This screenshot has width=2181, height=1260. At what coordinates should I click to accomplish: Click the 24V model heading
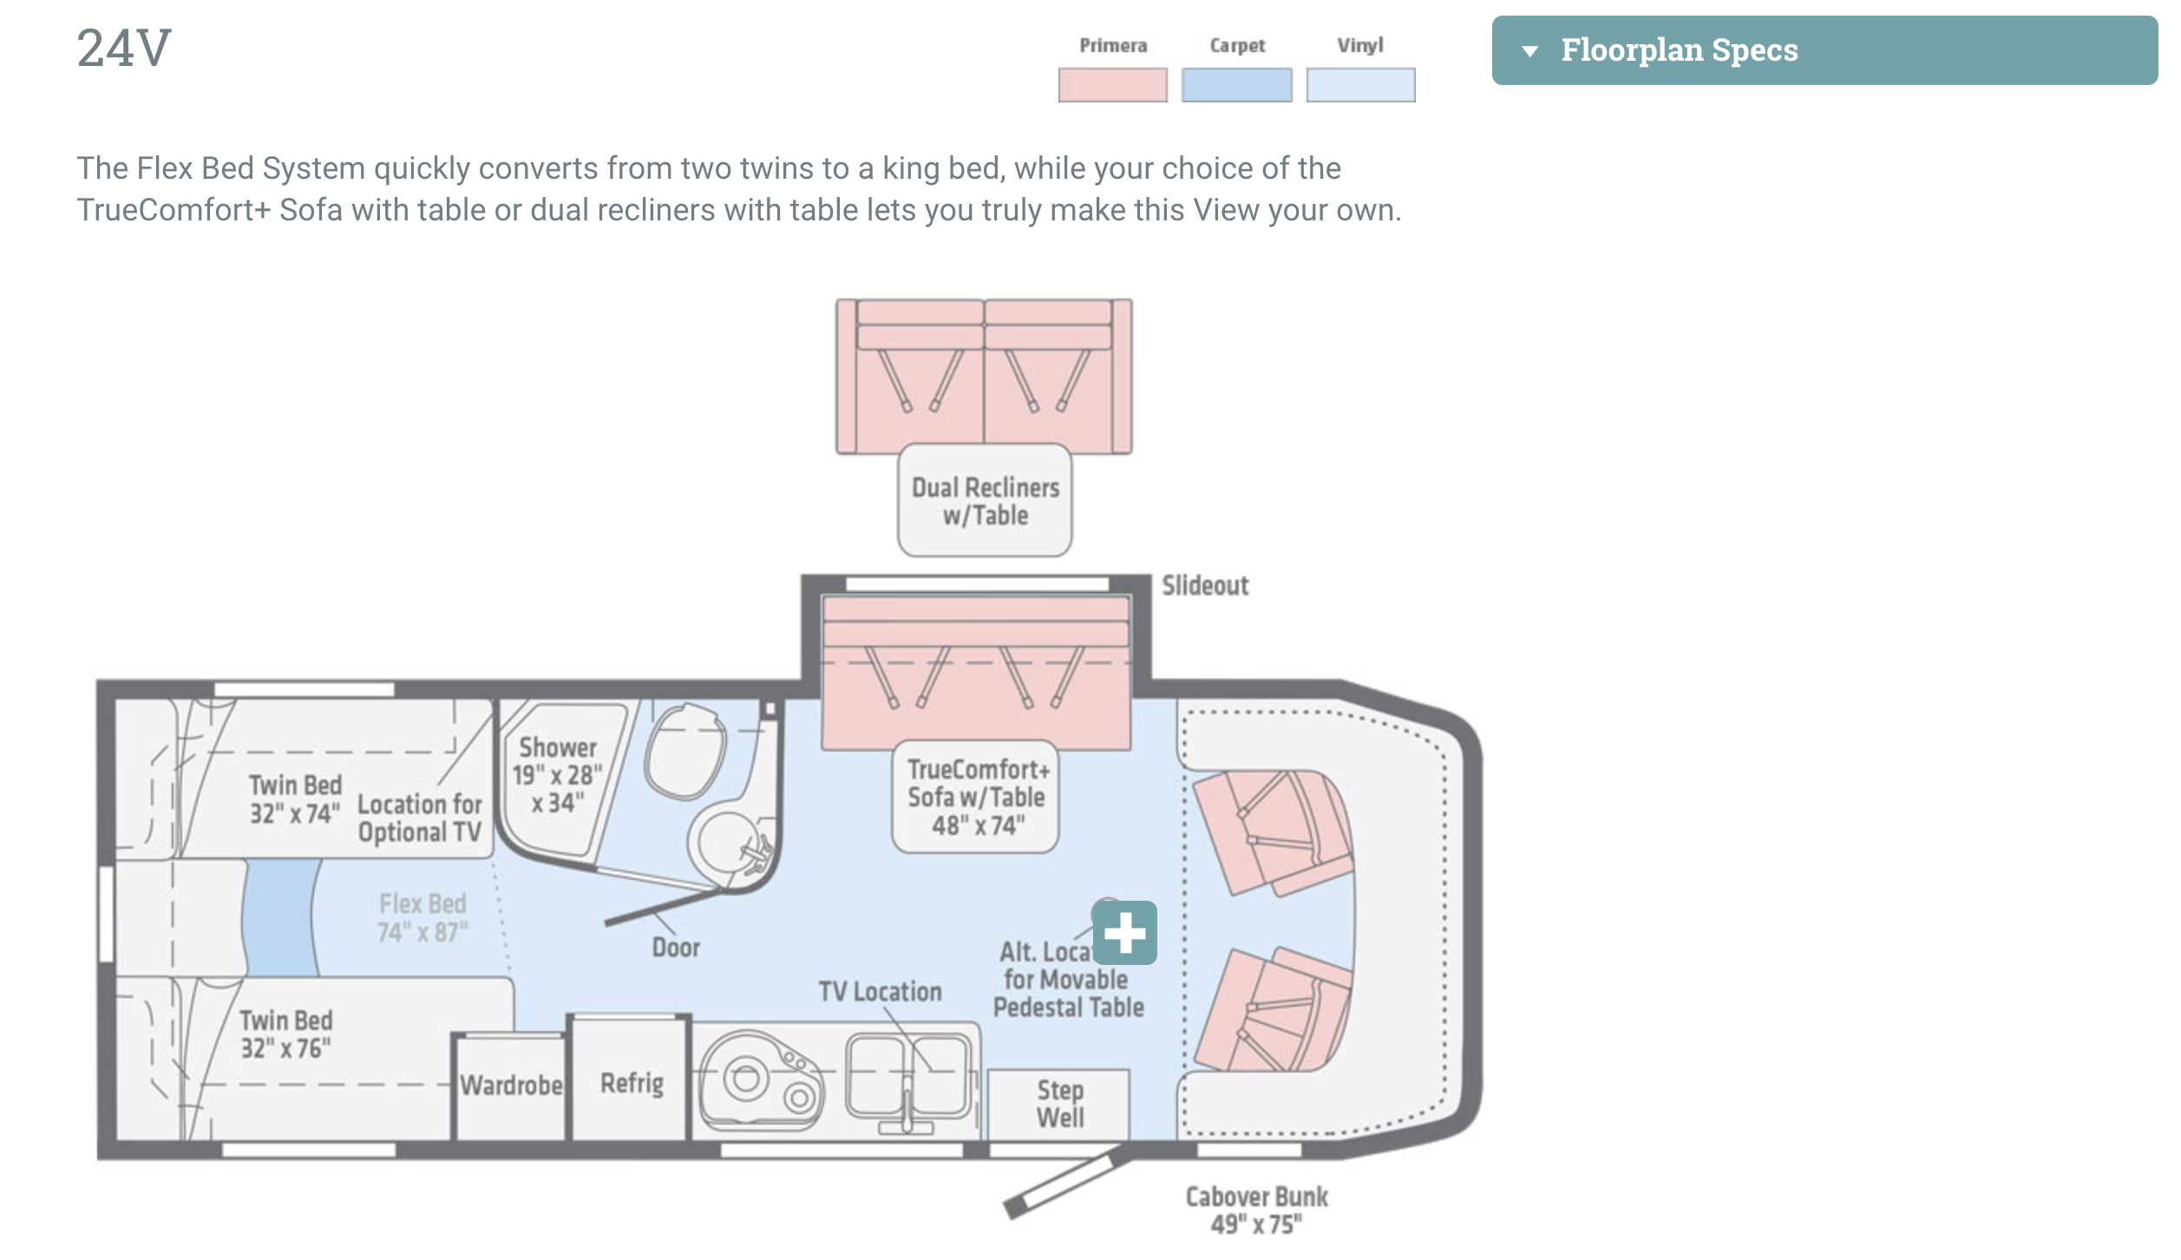(124, 49)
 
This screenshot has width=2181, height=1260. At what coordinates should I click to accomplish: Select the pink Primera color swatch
(1112, 85)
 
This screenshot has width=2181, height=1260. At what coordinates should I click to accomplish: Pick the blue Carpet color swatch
(1236, 85)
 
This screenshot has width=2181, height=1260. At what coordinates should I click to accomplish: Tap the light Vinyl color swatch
(1360, 85)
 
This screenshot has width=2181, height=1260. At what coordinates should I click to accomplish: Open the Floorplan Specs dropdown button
(1824, 50)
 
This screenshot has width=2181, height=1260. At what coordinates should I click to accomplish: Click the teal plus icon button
(1124, 933)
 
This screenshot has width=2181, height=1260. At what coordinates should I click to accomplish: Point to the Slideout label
(1205, 586)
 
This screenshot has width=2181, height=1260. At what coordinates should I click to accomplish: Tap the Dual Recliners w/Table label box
(985, 501)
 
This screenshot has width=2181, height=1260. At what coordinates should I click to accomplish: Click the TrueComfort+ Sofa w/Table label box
(976, 797)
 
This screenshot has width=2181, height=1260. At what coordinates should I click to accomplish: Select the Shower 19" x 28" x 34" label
(557, 775)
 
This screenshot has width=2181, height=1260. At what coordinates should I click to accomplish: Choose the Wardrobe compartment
(510, 1086)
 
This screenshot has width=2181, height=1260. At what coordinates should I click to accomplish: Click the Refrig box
(632, 1083)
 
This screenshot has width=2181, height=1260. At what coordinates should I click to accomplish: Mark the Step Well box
(1059, 1104)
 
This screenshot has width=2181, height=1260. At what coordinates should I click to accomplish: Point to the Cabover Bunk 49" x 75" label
(1256, 1210)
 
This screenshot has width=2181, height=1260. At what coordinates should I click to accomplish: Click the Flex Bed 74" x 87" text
(422, 918)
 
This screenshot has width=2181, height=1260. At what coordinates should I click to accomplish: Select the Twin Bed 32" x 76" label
(286, 1034)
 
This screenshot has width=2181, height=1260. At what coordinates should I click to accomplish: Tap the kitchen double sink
(907, 1076)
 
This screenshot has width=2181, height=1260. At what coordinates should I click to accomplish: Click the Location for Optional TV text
(419, 818)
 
